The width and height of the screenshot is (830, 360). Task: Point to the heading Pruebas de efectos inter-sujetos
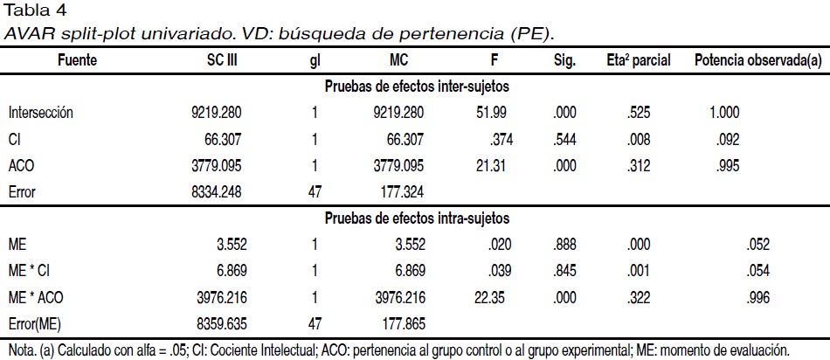pos(417,87)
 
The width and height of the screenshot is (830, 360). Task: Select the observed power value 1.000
pos(724,113)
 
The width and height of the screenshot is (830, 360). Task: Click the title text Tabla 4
pos(29,10)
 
